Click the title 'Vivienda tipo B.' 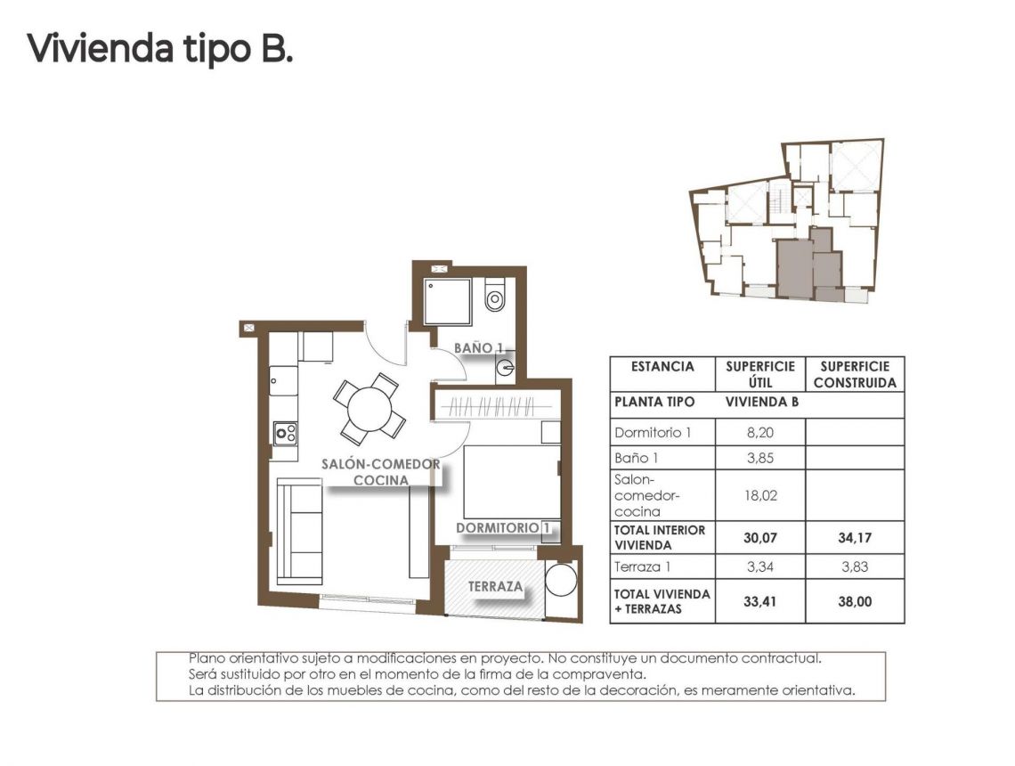160,48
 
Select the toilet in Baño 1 495,297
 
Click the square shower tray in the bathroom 447,302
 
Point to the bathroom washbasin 506,365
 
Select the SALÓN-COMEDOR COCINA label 381,472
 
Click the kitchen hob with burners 285,433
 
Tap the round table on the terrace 561,580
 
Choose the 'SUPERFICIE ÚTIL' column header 759,374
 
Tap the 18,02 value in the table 759,495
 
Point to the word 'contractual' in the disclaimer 780,658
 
